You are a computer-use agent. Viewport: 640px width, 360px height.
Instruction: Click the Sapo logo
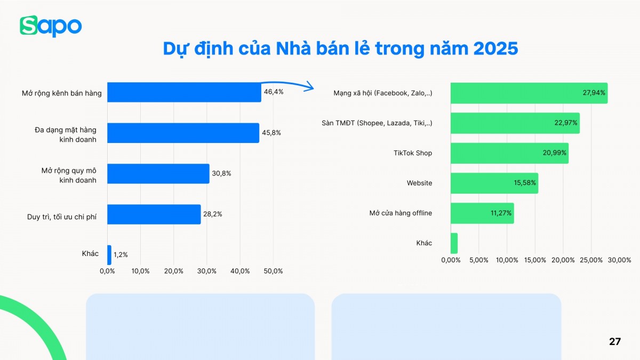[x=51, y=26]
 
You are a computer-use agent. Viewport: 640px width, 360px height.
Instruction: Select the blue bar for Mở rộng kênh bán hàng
[x=184, y=92]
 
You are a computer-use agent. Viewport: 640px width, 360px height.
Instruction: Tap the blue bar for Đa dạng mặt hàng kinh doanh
[x=183, y=133]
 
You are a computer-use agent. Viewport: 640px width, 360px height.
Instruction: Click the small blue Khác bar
[x=109, y=255]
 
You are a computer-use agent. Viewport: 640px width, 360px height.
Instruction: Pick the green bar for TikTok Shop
[x=509, y=153]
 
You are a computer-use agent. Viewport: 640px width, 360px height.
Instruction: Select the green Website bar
[x=494, y=183]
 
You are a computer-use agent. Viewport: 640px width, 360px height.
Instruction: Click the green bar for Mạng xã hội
[x=529, y=93]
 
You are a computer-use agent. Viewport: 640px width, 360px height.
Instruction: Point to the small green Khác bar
[x=454, y=243]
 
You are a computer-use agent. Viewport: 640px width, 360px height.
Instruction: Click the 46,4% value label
[x=274, y=92]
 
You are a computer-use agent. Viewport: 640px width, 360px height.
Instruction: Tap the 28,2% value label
[x=212, y=214]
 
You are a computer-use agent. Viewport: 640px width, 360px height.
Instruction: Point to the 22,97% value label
[x=566, y=123]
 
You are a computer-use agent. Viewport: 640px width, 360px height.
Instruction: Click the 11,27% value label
[x=501, y=213]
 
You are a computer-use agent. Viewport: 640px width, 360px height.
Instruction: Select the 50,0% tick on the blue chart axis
[x=273, y=271]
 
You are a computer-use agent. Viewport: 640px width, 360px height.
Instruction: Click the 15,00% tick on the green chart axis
[x=535, y=260]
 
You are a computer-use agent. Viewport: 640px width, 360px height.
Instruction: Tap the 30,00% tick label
[x=619, y=260]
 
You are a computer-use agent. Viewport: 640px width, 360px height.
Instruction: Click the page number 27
[x=615, y=341]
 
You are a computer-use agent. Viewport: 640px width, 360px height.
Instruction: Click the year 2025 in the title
[x=495, y=49]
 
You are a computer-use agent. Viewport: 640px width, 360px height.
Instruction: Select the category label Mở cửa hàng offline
[x=401, y=213]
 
